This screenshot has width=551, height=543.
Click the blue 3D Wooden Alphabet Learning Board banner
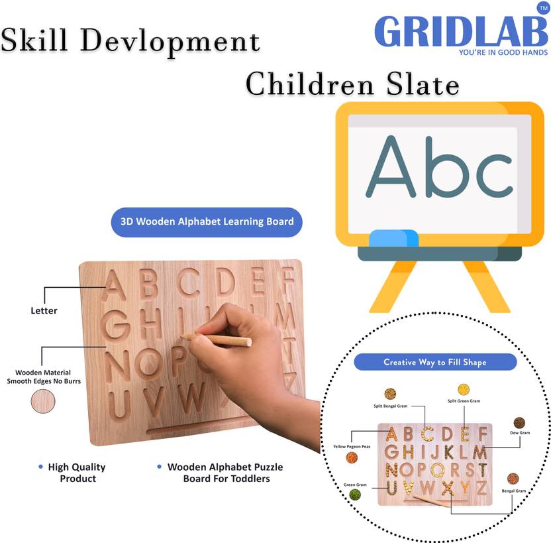tap(207, 221)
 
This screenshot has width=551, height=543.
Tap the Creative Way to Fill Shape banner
tap(435, 362)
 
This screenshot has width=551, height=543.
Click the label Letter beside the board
tap(44, 310)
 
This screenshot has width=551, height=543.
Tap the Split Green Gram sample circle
tap(464, 389)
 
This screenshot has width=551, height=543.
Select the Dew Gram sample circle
tap(519, 422)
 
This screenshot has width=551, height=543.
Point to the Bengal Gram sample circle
tap(513, 479)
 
